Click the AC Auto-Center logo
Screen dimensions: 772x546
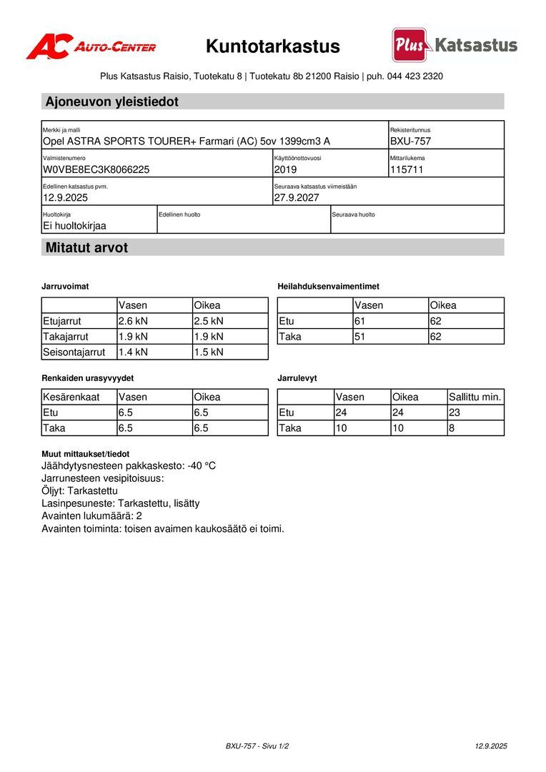[x=91, y=46]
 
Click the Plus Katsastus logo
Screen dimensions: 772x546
[x=455, y=45]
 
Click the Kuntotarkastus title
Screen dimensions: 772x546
[x=273, y=46]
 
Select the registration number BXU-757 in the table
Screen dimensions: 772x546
[x=410, y=142]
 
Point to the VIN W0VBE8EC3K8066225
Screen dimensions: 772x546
[x=96, y=170]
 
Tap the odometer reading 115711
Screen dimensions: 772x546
[x=407, y=170]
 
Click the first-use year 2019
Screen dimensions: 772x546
[x=285, y=170]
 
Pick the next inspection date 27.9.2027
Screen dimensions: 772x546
[x=297, y=198]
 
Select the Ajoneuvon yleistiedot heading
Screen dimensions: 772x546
[x=111, y=102]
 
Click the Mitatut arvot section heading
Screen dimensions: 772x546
[x=86, y=248]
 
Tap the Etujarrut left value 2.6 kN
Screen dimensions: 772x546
[x=133, y=321]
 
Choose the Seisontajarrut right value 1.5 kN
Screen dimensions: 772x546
[x=209, y=352]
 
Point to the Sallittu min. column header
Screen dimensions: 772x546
[x=475, y=397]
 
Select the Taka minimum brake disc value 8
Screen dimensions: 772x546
[x=452, y=428]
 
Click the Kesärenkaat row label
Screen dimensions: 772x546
[x=71, y=397]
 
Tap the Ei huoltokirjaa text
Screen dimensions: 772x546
[x=74, y=226]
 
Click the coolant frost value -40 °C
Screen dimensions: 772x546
[x=202, y=466]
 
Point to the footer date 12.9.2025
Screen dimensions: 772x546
[x=491, y=746]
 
